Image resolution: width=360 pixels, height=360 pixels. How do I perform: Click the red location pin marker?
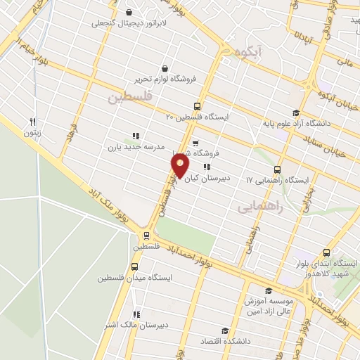180,166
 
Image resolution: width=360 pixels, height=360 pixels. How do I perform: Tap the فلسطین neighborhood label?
130,98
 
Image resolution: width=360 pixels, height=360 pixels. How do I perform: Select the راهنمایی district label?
259,207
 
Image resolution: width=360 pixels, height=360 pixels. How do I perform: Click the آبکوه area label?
241,51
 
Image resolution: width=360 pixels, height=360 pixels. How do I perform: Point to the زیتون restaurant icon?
32,121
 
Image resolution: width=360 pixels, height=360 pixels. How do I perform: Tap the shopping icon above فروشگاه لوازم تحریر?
165,68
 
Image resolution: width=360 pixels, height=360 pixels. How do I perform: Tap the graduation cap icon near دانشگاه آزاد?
296,113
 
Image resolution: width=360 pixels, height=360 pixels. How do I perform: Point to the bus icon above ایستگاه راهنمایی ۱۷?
277,169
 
